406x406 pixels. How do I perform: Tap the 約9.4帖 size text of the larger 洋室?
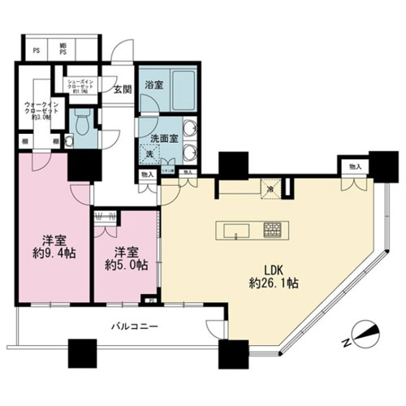tap(50, 253)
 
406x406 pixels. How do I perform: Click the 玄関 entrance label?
tap(123, 90)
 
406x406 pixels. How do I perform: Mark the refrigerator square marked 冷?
tap(270, 190)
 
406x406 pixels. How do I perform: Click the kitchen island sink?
tap(236, 231)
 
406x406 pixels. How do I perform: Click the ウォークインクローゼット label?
tap(34, 110)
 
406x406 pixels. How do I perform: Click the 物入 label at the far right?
tap(354, 166)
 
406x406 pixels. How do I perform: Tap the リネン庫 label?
tap(167, 172)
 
